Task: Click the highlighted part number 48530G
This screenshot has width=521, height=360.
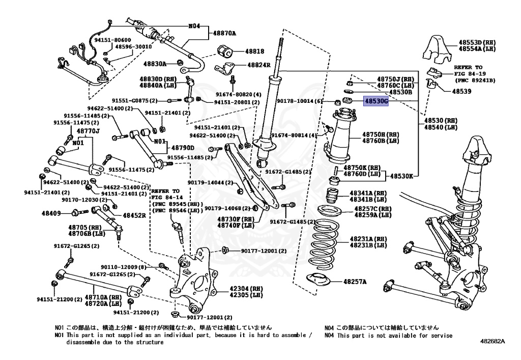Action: pos(376,101)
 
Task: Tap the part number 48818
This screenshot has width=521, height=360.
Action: pos(255,51)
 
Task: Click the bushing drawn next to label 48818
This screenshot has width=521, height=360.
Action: pos(225,51)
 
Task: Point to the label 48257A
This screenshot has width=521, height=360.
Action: pos(355,281)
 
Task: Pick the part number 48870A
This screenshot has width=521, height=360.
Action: pos(224,33)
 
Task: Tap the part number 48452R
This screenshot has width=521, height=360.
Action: pos(134,215)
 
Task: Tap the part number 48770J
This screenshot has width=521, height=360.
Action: pos(88,131)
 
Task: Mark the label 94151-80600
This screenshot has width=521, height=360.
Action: pos(112,40)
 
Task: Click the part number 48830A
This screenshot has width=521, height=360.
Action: pos(155,64)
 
